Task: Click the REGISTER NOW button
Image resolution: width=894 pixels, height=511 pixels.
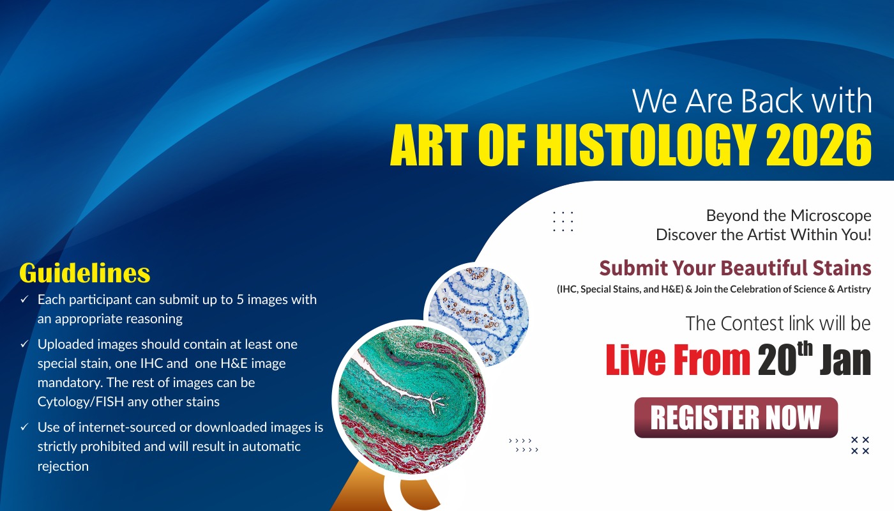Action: point(736,417)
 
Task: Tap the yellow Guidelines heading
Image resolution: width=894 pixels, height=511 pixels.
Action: point(84,273)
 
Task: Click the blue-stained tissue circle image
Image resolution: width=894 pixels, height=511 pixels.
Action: point(478,316)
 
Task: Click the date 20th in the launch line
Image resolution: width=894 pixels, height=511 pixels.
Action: point(785,358)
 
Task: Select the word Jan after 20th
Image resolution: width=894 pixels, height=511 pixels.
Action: point(845,360)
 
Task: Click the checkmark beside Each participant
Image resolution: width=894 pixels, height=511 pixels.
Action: point(24,299)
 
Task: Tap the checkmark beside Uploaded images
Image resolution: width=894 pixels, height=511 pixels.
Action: point(24,344)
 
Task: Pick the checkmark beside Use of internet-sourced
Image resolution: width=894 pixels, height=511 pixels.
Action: point(24,427)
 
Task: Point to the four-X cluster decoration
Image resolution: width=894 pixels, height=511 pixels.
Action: point(860,445)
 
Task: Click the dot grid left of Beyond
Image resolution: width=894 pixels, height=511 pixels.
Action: point(563,221)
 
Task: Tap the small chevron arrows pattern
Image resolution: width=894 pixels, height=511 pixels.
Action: point(523,445)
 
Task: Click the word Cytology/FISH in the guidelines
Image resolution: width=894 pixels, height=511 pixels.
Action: point(80,402)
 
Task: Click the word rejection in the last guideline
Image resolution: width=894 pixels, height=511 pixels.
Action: point(63,466)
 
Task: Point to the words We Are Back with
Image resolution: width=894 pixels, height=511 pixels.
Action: point(752,101)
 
